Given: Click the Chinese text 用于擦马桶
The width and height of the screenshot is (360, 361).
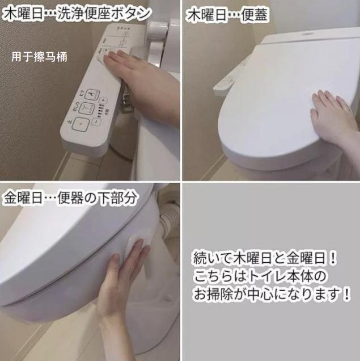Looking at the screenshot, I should tap(39, 57).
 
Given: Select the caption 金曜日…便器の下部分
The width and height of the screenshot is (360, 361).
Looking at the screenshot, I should tap(70, 198).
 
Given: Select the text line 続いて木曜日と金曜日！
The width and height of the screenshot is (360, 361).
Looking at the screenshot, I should tap(265, 257).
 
